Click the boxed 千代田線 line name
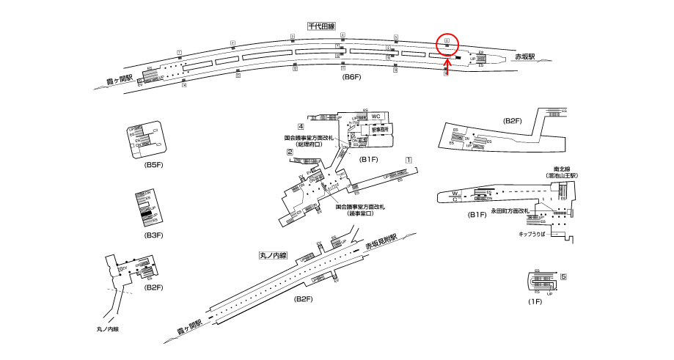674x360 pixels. point(321,26)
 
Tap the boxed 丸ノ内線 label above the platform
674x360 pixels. point(274,256)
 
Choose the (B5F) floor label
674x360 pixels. point(153,166)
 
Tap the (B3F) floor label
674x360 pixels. point(153,235)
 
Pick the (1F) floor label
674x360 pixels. point(534,302)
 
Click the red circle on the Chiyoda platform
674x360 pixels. point(447,44)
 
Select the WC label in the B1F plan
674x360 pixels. point(376,117)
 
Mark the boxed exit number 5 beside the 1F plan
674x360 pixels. point(563,277)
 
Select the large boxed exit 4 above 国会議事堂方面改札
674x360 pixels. point(301,127)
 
